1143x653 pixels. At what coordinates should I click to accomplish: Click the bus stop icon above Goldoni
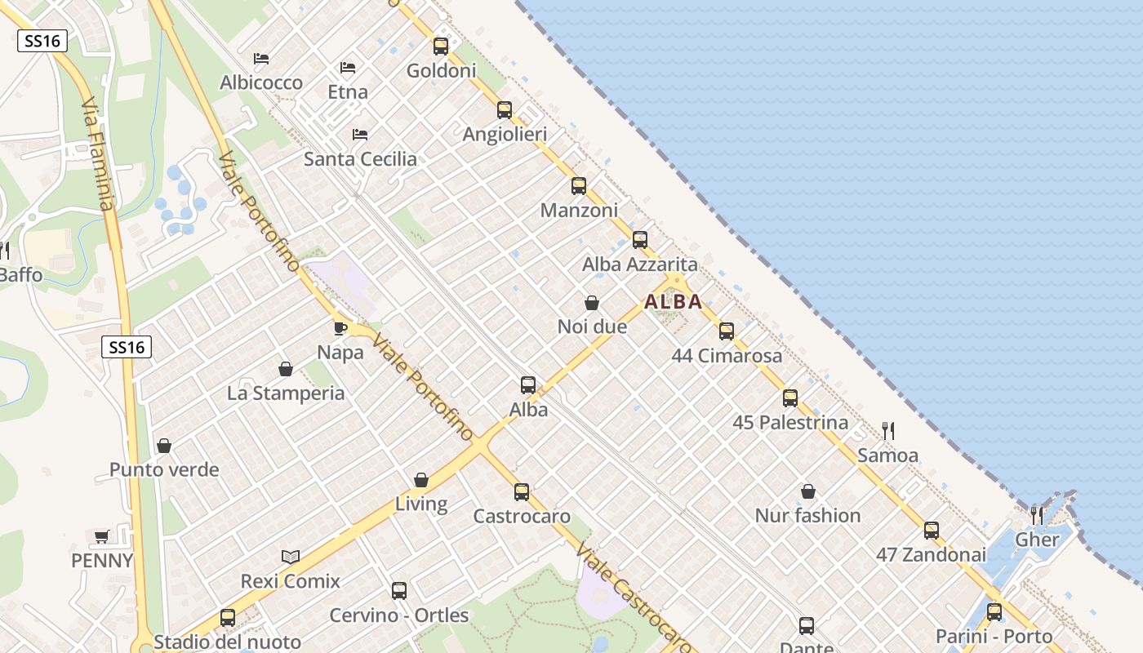[x=441, y=47]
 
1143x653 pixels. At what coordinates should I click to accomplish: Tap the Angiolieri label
[x=505, y=134]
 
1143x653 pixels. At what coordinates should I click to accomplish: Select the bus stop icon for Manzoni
[x=579, y=186]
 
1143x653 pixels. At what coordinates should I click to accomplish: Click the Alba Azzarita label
[x=639, y=264]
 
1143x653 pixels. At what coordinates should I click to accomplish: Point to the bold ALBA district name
[x=673, y=301]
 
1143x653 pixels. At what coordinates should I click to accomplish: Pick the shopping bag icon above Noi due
[x=592, y=303]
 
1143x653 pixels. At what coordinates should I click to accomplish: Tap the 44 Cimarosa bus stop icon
[x=727, y=331]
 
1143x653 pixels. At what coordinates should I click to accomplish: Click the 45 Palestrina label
[x=790, y=423]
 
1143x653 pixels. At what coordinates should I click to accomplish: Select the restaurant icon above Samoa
[x=888, y=430]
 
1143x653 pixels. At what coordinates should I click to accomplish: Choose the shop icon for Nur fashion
[x=807, y=491]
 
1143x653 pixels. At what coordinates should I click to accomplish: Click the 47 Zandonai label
[x=931, y=554]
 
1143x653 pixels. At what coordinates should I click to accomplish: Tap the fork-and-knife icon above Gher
[x=1037, y=515]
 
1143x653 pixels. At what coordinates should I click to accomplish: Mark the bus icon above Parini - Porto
[x=994, y=612]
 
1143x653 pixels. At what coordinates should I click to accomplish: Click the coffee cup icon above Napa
[x=340, y=328]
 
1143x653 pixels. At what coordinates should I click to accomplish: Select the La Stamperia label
[x=286, y=393]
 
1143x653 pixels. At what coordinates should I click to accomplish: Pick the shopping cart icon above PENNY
[x=102, y=536]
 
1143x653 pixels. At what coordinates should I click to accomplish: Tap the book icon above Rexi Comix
[x=291, y=557]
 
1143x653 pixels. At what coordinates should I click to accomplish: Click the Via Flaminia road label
[x=97, y=155]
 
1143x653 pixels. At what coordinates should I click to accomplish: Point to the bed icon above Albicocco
[x=261, y=59]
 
